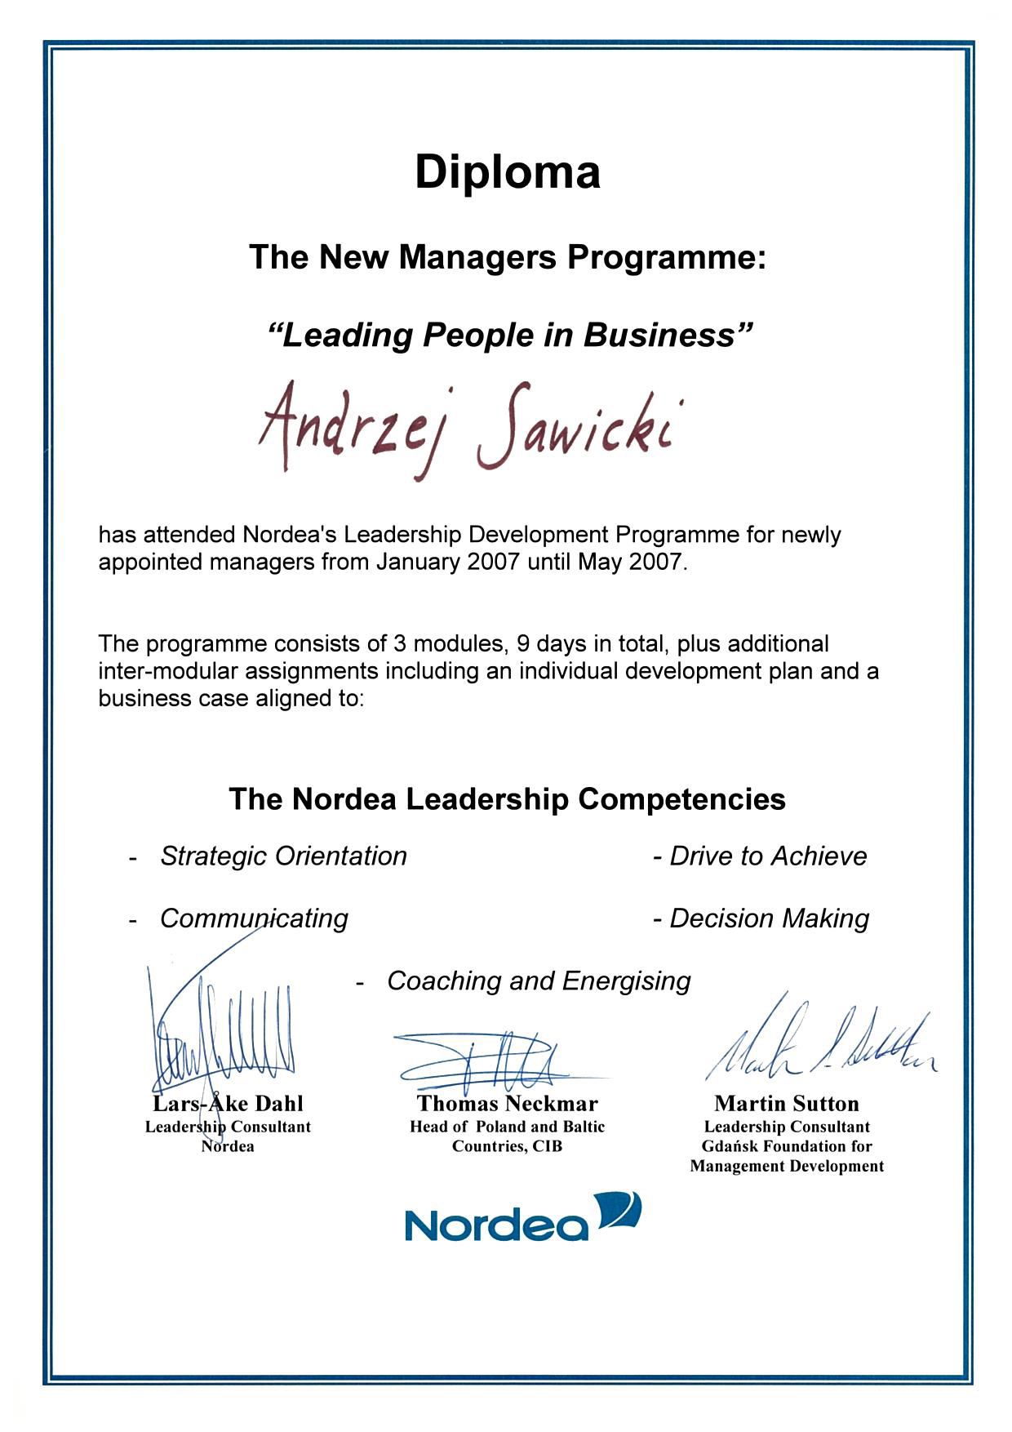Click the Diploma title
(x=507, y=172)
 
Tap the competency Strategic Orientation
(x=283, y=856)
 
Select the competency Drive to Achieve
(x=767, y=856)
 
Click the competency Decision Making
(x=769, y=918)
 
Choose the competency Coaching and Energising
(x=539, y=981)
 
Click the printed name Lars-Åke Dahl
(x=228, y=1104)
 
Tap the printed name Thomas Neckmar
(x=507, y=1104)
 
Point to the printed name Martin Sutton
(x=786, y=1104)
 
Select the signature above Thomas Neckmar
(x=490, y=1060)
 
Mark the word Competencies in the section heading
(x=681, y=798)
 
